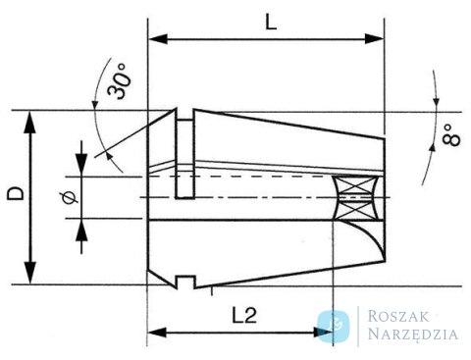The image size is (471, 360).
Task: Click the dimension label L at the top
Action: coord(271,23)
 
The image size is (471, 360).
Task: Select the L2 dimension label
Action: coord(244,315)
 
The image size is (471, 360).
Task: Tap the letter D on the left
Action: coord(16,193)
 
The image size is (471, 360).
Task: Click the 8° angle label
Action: coord(451,134)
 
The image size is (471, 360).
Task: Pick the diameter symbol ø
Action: coord(70,197)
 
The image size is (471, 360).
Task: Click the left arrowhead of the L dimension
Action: coord(158,39)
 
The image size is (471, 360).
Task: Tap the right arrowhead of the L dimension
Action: coord(374,39)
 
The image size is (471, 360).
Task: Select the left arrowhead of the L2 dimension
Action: coord(157,333)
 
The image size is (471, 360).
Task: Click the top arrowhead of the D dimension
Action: coord(29,122)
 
